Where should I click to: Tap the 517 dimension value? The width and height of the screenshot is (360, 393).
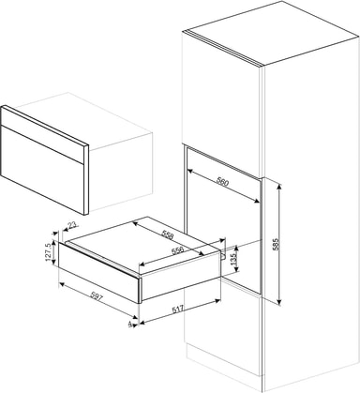click(178, 309)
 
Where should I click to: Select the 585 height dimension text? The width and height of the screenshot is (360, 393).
click(276, 244)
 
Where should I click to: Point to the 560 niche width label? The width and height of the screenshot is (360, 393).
click(222, 182)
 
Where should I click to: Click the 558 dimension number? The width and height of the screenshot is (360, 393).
click(167, 235)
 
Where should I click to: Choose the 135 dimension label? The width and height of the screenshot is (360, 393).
click(232, 259)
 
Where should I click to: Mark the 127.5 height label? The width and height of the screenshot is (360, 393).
click(49, 252)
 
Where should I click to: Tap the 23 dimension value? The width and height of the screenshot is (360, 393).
click(72, 225)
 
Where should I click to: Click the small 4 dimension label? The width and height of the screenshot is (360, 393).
click(129, 325)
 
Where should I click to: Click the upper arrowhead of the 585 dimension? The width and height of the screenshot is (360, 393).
click(279, 186)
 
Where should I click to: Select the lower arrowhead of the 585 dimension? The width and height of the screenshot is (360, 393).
click(279, 302)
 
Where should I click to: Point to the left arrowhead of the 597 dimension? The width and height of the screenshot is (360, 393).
click(62, 284)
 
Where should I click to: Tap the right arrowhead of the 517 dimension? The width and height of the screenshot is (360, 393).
click(217, 300)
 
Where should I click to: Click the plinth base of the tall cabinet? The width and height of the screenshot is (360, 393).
click(225, 368)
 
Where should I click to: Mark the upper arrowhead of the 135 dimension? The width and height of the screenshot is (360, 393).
click(236, 249)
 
